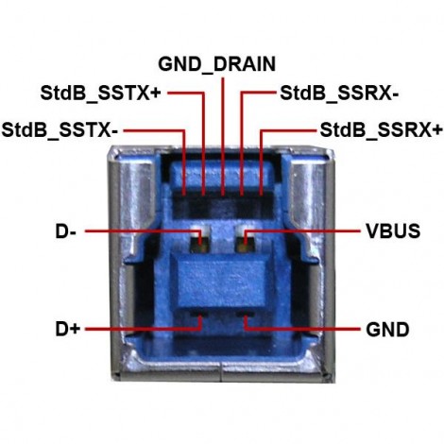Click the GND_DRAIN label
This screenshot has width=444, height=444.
216,64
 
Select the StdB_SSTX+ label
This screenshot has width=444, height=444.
100,93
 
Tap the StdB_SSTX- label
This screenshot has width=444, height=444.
60,130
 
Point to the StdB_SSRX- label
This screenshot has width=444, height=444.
339,93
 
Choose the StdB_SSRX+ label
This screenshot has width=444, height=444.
381,130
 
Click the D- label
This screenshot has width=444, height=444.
65,231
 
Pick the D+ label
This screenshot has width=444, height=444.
68,329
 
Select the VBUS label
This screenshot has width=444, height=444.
393,231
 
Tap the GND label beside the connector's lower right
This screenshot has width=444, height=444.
387,330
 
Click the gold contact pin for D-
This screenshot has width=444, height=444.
199,242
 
